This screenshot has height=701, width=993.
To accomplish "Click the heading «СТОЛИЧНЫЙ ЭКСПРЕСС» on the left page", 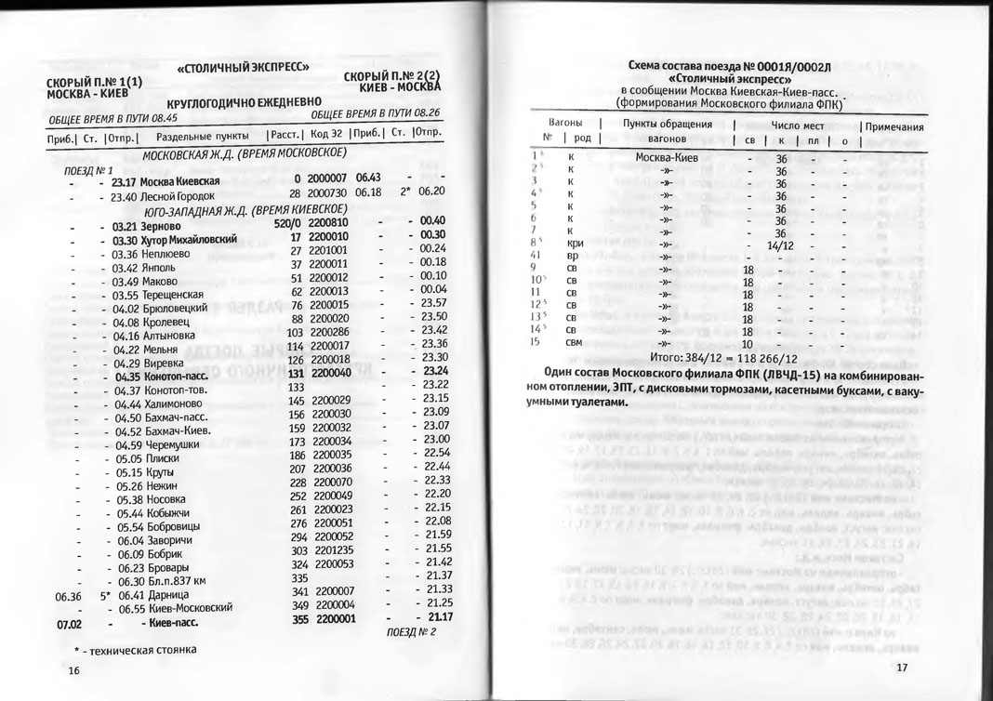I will (243, 69).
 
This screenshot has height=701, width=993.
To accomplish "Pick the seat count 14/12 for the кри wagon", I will (782, 245).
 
